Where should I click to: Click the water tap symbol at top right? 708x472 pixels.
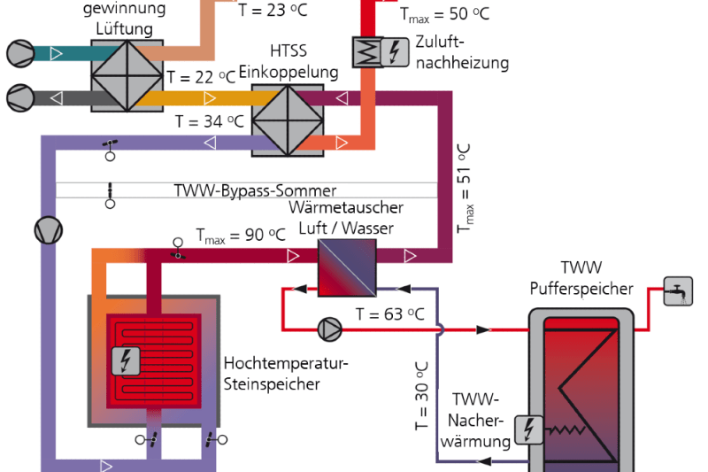click(679, 290)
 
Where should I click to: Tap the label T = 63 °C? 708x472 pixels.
click(389, 313)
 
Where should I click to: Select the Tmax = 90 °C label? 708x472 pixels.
click(241, 236)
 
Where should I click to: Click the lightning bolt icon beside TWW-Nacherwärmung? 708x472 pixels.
click(531, 429)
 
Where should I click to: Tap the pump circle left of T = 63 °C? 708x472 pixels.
click(329, 329)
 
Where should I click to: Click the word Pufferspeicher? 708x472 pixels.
click(581, 289)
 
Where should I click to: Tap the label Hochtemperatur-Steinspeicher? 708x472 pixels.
click(287, 373)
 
